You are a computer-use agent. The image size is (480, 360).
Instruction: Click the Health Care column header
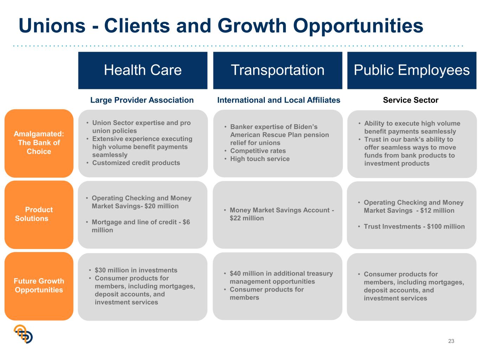tap(142, 70)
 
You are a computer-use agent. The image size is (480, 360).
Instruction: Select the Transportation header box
tap(277, 70)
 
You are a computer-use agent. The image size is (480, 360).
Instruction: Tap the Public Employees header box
tap(411, 70)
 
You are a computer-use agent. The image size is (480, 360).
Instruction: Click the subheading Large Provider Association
tap(142, 100)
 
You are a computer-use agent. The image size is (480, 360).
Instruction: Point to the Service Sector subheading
tap(410, 100)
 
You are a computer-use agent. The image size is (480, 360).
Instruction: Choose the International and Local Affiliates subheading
tap(279, 100)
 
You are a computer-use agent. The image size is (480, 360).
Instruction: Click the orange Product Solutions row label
tap(39, 214)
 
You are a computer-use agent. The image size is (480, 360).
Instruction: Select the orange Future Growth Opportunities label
tap(39, 286)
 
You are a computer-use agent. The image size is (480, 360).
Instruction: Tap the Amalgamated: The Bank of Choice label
tap(39, 143)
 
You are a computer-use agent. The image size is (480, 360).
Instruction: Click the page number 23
tap(451, 341)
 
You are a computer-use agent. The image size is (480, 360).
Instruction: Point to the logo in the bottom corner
tap(23, 334)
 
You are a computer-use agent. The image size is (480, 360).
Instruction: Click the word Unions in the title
tap(52, 26)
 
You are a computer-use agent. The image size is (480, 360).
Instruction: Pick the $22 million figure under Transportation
tap(247, 218)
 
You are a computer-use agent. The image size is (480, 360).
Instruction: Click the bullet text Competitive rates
tap(258, 150)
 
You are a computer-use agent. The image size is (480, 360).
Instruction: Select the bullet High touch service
tap(260, 159)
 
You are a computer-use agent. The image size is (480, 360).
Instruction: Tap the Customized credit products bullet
tap(136, 163)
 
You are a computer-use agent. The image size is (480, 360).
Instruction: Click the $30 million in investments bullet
tap(136, 270)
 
